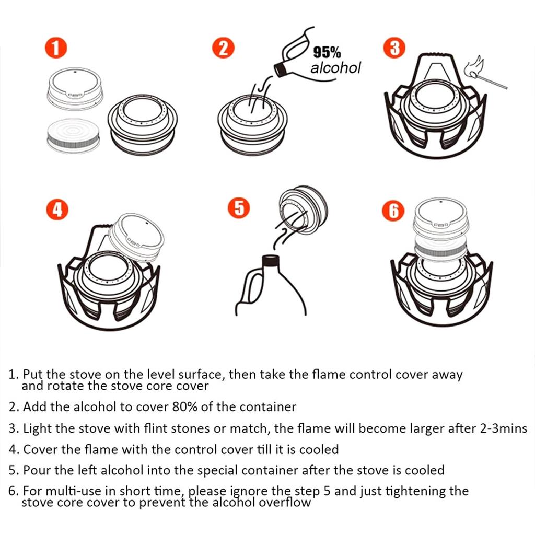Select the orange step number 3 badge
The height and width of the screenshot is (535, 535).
click(x=394, y=48)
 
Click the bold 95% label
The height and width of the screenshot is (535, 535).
click(x=327, y=53)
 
